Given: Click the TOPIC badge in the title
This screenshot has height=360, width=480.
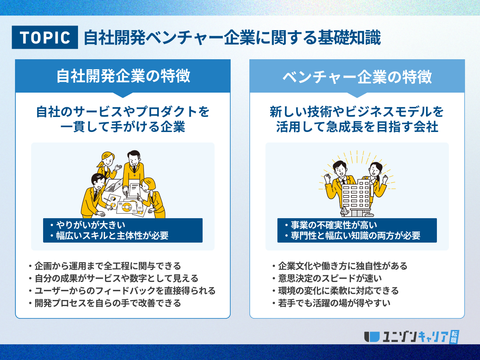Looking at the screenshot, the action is click(x=45, y=37).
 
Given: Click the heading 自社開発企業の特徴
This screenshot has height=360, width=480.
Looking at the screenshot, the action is click(x=123, y=76).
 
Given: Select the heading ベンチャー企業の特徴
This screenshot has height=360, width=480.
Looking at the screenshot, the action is click(x=357, y=77).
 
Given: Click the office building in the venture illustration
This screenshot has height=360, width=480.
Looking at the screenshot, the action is click(x=357, y=198).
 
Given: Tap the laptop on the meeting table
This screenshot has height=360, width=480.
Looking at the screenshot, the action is click(x=114, y=185).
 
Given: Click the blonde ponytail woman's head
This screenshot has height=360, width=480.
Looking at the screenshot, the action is click(x=107, y=159).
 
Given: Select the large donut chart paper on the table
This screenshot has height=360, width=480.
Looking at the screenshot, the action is click(x=127, y=207).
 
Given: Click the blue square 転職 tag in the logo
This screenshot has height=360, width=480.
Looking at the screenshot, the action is click(x=454, y=337).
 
